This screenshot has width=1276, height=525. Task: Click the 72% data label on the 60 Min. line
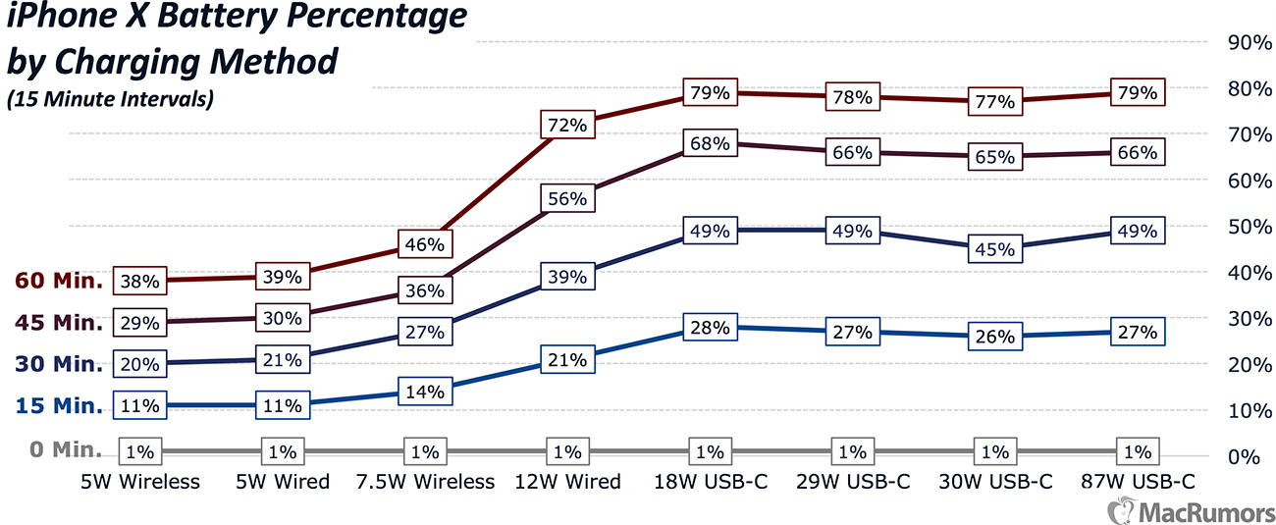click(x=567, y=126)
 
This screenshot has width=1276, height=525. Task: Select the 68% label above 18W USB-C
click(x=710, y=144)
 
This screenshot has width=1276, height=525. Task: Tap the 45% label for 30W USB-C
click(x=995, y=249)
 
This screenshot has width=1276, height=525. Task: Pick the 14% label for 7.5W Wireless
click(x=425, y=392)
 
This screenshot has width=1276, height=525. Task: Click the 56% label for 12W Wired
click(x=567, y=198)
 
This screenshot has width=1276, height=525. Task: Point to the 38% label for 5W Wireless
click(x=140, y=282)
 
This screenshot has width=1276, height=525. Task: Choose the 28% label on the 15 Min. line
click(x=710, y=328)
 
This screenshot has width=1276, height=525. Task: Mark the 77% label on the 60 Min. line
click(x=995, y=101)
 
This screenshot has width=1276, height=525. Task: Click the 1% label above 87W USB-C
click(x=1137, y=452)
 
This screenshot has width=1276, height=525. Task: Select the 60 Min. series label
click(x=59, y=282)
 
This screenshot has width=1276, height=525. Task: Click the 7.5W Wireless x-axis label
click(x=425, y=482)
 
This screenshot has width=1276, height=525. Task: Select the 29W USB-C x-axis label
click(x=852, y=482)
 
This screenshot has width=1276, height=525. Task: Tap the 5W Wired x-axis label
click(x=283, y=482)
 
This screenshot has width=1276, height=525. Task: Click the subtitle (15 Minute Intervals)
click(x=110, y=99)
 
